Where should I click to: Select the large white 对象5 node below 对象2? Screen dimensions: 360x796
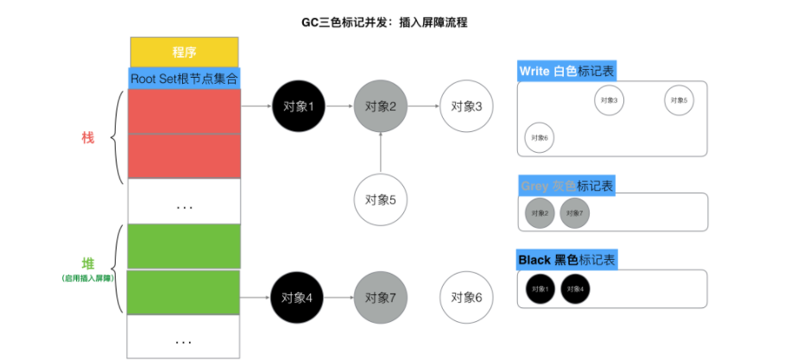(380, 199)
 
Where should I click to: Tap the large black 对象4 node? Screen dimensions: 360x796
(297, 298)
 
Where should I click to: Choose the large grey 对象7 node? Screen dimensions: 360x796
(380, 298)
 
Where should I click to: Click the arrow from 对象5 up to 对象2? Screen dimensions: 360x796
(380, 152)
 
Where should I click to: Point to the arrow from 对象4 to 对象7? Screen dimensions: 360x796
(338, 298)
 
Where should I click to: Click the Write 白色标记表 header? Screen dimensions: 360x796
(567, 71)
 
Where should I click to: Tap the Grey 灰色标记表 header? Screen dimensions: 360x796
(565, 186)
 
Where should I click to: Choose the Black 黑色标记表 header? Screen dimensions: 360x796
(567, 260)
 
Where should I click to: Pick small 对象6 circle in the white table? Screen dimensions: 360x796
(540, 137)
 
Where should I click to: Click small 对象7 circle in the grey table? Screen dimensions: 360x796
(575, 213)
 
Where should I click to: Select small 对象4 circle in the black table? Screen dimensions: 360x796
(575, 288)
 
